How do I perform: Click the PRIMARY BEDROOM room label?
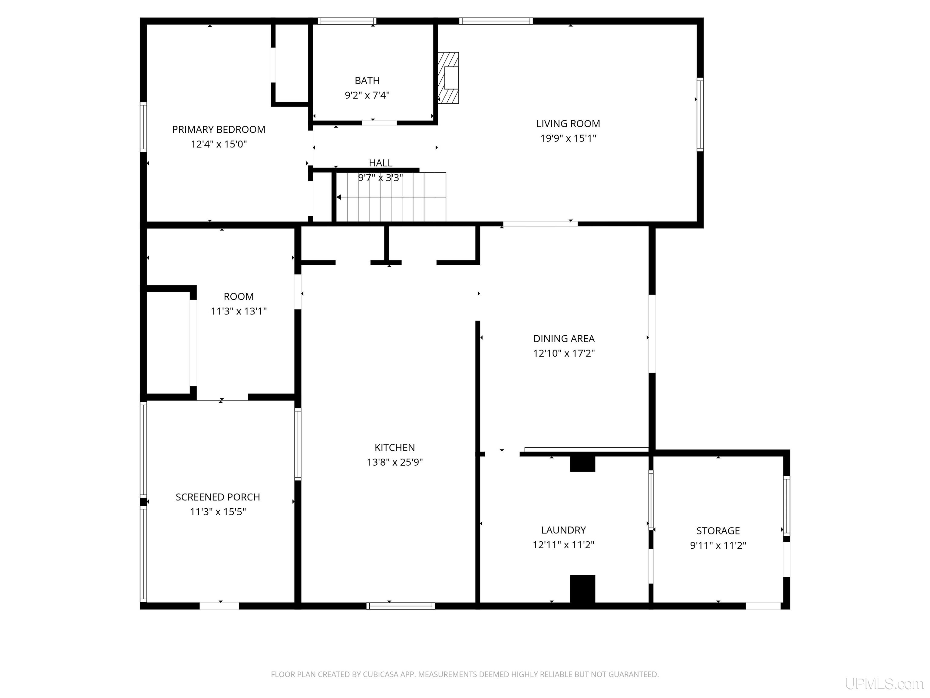pos(219,130)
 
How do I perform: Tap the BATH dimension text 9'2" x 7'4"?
pos(367,95)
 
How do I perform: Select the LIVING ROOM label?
pos(568,124)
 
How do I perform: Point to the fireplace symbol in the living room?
pos(448,78)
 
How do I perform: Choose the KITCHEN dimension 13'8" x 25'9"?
pos(395,462)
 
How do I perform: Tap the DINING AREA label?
pos(564,339)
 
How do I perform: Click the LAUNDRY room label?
pos(563,530)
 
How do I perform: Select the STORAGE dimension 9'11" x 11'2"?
pos(718,546)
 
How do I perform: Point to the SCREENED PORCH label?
pos(218,497)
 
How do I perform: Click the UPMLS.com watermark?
pos(884,684)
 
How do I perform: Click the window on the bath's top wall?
pos(347,21)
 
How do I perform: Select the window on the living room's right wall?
pos(700,115)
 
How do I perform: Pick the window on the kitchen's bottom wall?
pos(401,606)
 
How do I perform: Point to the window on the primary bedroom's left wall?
pos(143,127)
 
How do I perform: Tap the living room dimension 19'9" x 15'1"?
pos(568,138)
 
